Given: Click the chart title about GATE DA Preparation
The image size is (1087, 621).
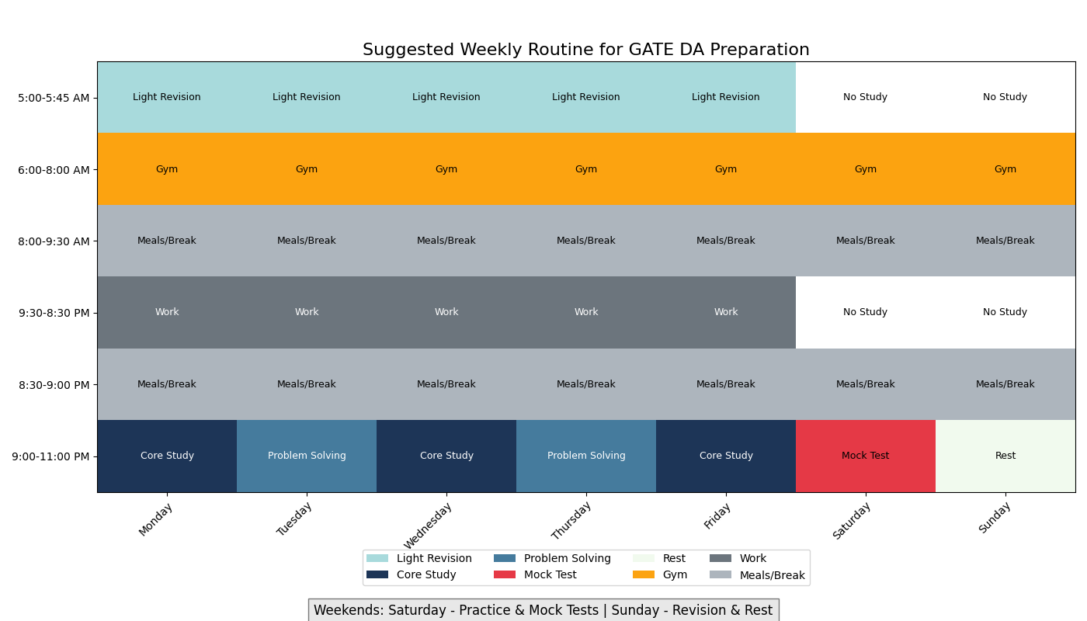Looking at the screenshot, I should coord(585,50).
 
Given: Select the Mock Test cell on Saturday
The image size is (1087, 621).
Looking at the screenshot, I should coord(865,456).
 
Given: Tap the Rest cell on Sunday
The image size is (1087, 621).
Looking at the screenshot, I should coord(1005,456).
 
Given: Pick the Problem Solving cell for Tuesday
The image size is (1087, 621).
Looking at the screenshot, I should coord(307,456).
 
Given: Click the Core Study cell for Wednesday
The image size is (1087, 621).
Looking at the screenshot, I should coord(446,456).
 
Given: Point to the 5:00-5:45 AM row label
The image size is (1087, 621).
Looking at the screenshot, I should coord(54,98).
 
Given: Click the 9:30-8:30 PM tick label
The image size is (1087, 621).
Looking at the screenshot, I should coord(54,313).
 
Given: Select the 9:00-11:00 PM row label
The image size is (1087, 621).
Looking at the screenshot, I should coord(50,456).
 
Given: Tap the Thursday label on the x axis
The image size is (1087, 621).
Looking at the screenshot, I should coord(571,521).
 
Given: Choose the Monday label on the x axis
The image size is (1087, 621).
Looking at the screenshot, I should coord(156,519).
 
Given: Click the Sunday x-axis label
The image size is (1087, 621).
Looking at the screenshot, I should coord(995,518).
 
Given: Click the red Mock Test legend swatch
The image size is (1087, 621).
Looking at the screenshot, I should coord(505,575).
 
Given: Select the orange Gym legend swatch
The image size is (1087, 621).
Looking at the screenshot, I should coord(643,575).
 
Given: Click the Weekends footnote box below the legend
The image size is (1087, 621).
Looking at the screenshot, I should coord(543,610).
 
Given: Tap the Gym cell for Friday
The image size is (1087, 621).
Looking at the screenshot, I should coord(726,169).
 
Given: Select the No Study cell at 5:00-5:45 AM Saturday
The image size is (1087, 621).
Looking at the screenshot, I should coord(865,98).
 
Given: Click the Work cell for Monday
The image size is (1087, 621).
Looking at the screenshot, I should coord(167,312).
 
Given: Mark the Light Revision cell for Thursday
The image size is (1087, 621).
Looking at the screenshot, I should coord(586,98).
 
